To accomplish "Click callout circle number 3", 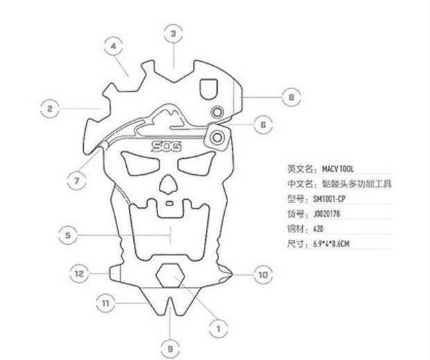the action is (x=173, y=33).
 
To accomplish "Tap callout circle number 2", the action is (x=49, y=108).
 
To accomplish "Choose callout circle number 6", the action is (x=262, y=125).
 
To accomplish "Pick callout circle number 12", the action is (x=80, y=273).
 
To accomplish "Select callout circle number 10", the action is (x=262, y=275).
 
